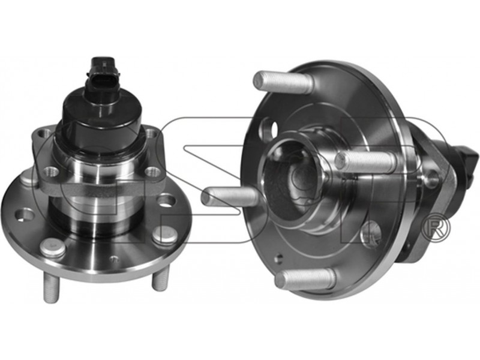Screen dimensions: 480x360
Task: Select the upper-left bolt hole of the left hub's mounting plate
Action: click(x=44, y=133)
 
